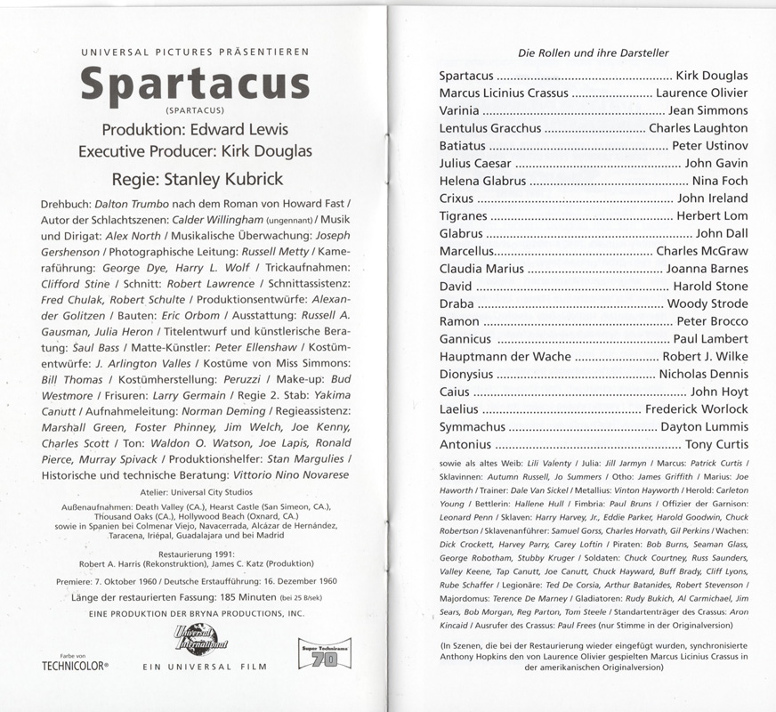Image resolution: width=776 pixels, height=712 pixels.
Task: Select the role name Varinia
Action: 459,111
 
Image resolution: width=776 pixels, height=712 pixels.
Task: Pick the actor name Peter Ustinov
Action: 709,146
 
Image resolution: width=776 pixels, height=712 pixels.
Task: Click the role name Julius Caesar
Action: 476,164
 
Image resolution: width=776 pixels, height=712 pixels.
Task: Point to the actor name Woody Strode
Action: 707,304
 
